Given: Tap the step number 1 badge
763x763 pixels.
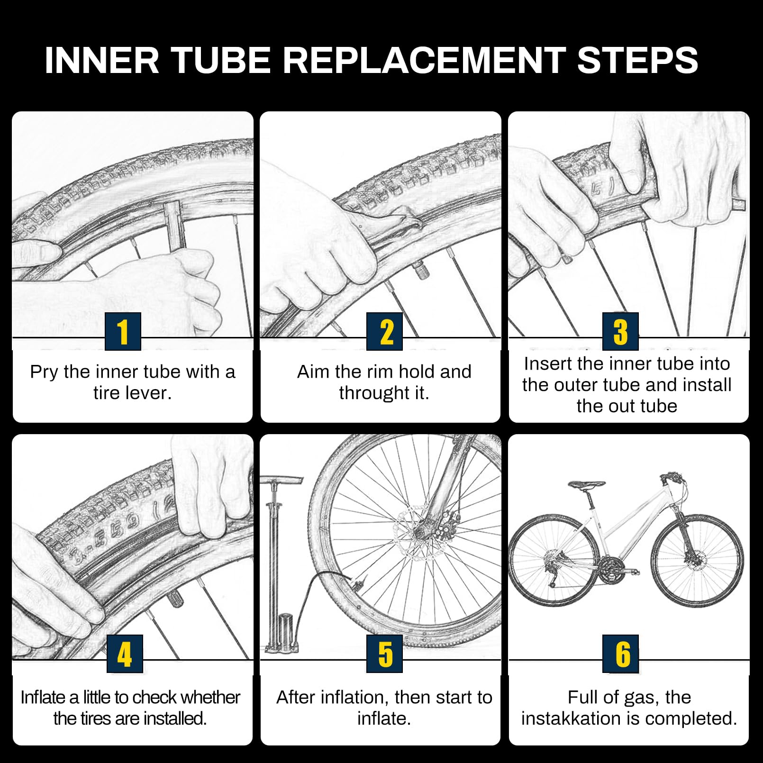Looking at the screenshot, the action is coord(123,331).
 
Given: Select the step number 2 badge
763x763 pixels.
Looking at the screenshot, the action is coord(384,331).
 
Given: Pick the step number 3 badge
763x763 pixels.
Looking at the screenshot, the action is coord(620,331).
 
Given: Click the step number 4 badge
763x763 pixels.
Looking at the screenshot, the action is coord(125,654).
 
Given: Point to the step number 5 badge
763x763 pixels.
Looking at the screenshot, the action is coord(384,654).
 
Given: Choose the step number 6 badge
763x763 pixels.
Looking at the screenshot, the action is coord(620,654).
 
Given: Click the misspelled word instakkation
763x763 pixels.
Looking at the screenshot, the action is coord(571,718).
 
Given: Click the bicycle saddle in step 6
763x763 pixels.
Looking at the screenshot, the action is coord(587,484).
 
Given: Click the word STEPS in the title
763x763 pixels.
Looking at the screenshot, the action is coord(637,60).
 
